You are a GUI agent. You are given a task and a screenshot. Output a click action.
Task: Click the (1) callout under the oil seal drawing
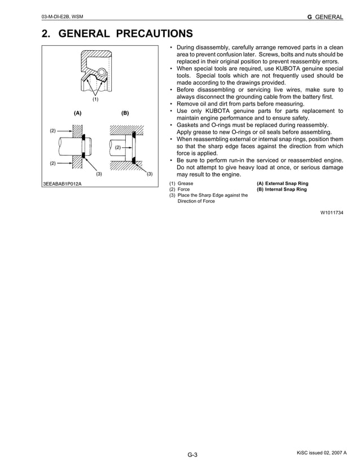[95, 99]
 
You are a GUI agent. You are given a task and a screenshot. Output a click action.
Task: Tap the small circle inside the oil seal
[102, 72]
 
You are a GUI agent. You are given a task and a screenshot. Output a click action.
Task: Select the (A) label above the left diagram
[78, 113]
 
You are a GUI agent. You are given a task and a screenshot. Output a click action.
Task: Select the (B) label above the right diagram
[125, 113]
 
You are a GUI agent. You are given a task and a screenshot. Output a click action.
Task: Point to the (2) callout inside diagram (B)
[118, 147]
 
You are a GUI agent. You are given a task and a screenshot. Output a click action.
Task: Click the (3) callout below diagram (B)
[150, 173]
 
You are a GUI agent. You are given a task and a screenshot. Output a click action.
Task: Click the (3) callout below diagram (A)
[99, 173]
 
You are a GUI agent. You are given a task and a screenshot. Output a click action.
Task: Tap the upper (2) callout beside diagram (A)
[53, 131]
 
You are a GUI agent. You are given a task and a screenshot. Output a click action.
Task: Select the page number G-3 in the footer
[192, 455]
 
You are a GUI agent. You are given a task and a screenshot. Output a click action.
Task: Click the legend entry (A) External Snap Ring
[283, 183]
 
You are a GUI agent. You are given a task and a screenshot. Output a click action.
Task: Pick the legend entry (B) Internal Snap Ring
[282, 190]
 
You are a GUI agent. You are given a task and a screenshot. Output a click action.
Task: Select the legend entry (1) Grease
[181, 183]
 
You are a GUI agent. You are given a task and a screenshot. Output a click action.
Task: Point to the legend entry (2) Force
[179, 190]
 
